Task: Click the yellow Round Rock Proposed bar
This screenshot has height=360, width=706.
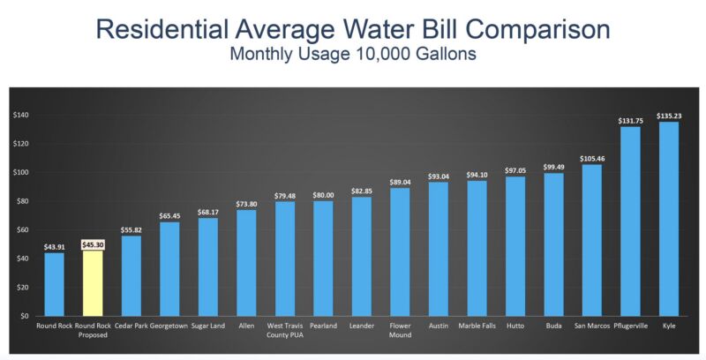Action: [93, 283]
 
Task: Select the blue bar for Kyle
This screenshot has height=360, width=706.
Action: [669, 219]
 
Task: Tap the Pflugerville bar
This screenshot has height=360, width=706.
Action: [630, 221]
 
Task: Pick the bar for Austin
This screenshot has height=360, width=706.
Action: [438, 249]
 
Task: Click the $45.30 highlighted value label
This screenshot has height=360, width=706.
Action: [94, 244]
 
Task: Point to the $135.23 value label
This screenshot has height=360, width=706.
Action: [669, 116]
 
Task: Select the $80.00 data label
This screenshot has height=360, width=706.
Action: [323, 195]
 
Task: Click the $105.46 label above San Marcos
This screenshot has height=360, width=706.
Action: [592, 159]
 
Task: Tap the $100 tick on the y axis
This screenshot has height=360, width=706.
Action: [20, 172]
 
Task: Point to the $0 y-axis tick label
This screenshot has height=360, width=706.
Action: [25, 316]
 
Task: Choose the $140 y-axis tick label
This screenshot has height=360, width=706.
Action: [20, 115]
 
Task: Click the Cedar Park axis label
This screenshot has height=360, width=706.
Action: [131, 326]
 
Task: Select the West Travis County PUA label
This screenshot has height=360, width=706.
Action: [284, 330]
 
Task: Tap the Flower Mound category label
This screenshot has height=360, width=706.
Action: [401, 330]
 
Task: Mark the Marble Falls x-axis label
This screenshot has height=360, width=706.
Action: [477, 326]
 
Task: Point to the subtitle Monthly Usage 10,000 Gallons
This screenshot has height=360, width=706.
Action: [353, 54]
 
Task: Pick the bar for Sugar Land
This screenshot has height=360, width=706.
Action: [208, 266]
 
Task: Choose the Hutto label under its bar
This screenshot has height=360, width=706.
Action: [515, 326]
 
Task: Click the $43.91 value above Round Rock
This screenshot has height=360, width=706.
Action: [55, 247]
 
